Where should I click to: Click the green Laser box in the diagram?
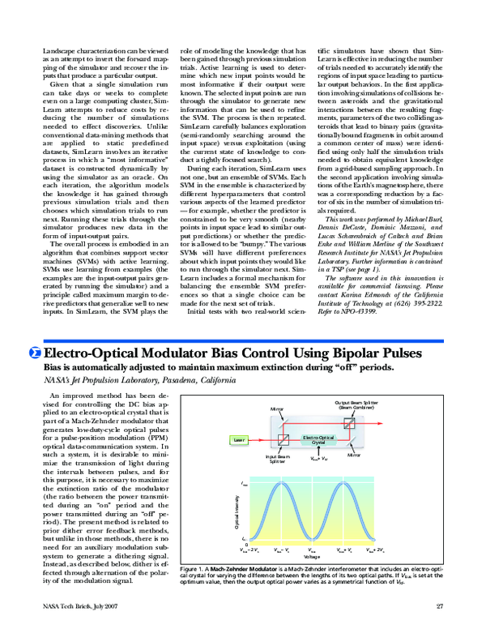pos(215,439)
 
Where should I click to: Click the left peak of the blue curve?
pos(283,485)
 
